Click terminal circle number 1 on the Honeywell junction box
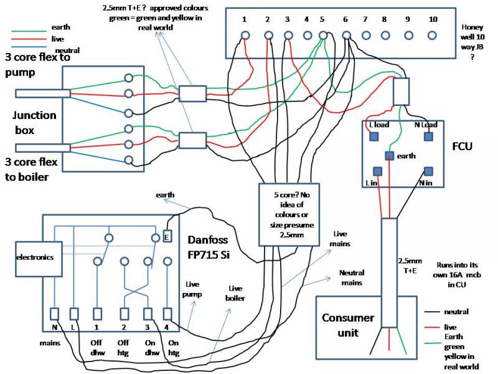tap(246, 36)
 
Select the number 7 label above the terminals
tap(365, 19)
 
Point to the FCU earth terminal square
tap(390, 155)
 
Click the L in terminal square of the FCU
tap(377, 171)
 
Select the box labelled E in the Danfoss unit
tap(167, 237)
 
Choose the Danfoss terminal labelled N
tap(55, 313)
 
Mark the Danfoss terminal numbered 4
tap(167, 313)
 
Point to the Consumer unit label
tap(348, 325)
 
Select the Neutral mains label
tap(352, 277)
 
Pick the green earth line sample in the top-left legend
tap(29, 30)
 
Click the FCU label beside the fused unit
tap(462, 148)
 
